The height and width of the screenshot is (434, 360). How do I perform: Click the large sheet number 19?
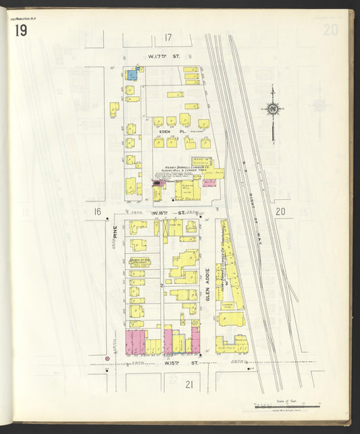click(x=18, y=31)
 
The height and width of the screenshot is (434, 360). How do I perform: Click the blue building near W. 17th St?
click(x=132, y=74)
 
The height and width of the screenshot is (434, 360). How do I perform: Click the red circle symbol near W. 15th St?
click(x=107, y=358)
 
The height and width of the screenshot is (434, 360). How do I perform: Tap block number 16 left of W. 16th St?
click(x=97, y=212)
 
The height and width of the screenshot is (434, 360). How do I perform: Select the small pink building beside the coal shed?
click(x=209, y=183)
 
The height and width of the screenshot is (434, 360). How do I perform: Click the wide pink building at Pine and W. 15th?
click(x=136, y=341)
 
